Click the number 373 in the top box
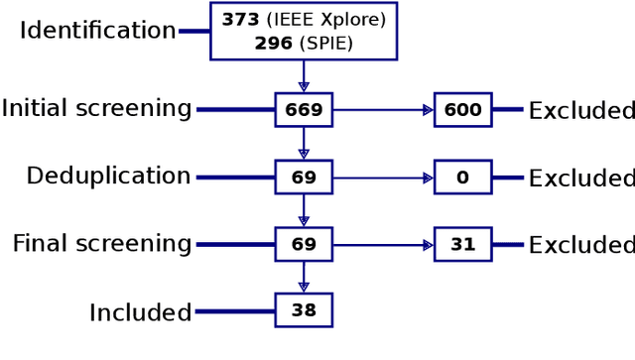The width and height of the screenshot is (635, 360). coord(240,20)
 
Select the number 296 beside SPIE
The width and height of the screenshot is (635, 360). coord(273,43)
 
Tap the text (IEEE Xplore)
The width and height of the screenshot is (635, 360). coord(325,20)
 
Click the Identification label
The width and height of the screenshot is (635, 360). coord(97,31)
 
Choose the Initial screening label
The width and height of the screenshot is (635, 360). coord(96,109)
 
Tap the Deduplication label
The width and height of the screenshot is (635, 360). coord(108,177)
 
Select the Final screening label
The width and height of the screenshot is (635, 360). coord(102,244)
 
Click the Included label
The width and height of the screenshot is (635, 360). coord(140,312)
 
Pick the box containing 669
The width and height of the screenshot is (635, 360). coord(304,109)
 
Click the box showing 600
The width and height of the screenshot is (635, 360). coord(462,109)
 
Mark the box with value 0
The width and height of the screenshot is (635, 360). coord(462,178)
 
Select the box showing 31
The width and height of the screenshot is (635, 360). coord(462,244)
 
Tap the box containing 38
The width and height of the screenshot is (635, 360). coord(304,310)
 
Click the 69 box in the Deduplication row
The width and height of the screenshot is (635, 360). coord(304,178)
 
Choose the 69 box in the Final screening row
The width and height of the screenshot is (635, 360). coord(304,244)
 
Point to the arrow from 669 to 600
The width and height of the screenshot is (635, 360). coord(383,109)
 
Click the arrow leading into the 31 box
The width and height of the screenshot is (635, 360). coord(383,244)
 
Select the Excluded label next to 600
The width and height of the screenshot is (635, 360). coord(580,110)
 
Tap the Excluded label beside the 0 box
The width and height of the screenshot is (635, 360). coord(580,179)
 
